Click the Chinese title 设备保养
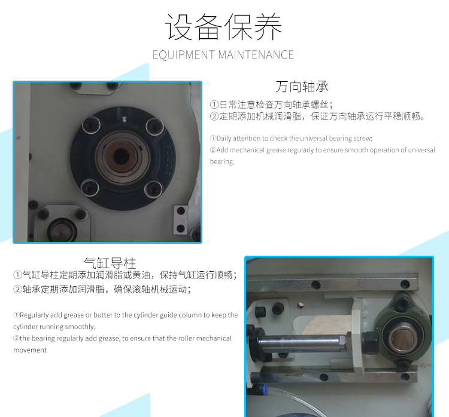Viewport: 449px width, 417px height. tap(224, 27)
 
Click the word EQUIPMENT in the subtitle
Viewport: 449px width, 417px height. tap(184, 55)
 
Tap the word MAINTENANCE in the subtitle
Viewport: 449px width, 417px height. tap(256, 55)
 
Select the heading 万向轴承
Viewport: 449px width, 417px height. tap(302, 87)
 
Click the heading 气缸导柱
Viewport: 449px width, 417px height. tap(110, 262)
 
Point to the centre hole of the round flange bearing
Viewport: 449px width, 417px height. tap(122, 156)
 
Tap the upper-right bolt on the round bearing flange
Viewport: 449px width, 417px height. tap(154, 126)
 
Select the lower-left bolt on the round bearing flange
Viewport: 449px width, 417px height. tap(90, 188)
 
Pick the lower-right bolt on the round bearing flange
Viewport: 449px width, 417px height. tap(153, 189)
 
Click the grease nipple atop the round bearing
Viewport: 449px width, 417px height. tap(124, 119)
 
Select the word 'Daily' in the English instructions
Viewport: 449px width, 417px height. tap(224, 139)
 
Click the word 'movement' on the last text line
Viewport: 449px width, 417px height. tap(30, 350)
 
